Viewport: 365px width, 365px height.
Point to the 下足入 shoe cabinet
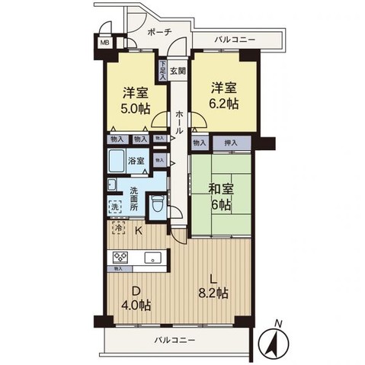[163, 71]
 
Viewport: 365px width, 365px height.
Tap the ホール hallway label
[178, 122]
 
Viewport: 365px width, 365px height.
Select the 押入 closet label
[229, 141]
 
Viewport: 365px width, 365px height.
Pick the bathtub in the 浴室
[120, 161]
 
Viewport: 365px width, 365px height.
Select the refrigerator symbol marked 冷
[119, 227]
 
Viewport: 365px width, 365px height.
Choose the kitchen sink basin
[149, 257]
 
